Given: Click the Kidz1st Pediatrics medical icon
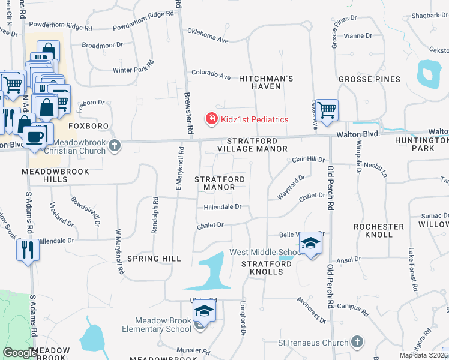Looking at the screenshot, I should (x=211, y=119).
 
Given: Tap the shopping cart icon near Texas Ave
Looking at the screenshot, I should (x=327, y=110).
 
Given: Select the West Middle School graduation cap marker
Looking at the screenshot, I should (x=310, y=243).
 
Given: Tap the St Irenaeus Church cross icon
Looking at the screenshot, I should (x=357, y=343).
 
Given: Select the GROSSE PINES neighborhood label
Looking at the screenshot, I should (x=369, y=79).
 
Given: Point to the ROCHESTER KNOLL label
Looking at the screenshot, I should (x=379, y=230).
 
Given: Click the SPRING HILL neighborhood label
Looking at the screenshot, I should (x=154, y=259).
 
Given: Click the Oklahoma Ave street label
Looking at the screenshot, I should (x=208, y=35).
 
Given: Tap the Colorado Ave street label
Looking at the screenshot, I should (x=211, y=75).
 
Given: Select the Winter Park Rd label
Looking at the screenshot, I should (x=134, y=66).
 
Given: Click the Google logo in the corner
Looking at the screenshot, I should (x=20, y=353).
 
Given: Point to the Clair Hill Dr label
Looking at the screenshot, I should (x=308, y=160).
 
